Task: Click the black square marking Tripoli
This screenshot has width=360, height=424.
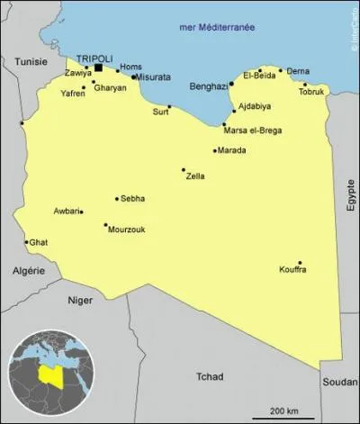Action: [98, 67]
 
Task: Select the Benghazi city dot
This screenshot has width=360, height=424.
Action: [231, 84]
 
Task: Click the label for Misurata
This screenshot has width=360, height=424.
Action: [151, 77]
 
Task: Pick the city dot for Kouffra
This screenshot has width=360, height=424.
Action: [300, 263]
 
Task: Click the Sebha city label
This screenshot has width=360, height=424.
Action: [132, 198]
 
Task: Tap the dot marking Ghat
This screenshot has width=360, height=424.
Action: [26, 241]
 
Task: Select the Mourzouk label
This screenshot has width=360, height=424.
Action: [126, 230]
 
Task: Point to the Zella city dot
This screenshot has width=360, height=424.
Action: [184, 169]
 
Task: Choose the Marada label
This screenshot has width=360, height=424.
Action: [232, 150]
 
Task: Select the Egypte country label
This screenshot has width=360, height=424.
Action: [351, 194]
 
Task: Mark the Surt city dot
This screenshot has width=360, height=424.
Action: [169, 106]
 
